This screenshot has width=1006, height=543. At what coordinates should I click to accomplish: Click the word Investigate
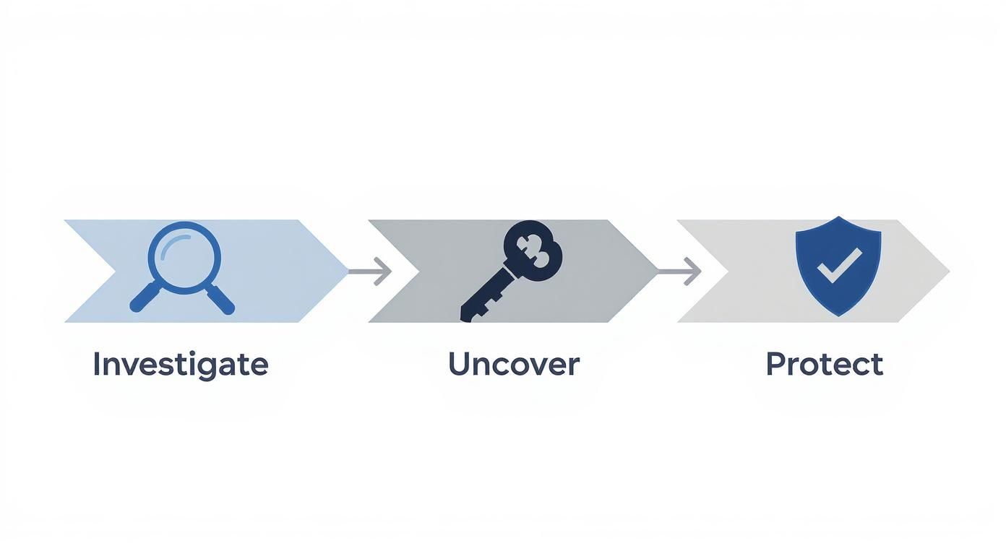(180, 365)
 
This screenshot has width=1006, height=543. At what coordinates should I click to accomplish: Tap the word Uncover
(513, 364)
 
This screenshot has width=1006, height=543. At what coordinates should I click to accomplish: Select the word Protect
(824, 364)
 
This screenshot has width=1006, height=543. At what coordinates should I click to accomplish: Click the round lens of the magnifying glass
(183, 257)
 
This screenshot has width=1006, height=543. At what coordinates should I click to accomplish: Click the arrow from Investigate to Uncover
(369, 271)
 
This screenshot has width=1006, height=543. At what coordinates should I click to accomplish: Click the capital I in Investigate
(96, 365)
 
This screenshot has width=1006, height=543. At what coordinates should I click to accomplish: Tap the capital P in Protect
(774, 364)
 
